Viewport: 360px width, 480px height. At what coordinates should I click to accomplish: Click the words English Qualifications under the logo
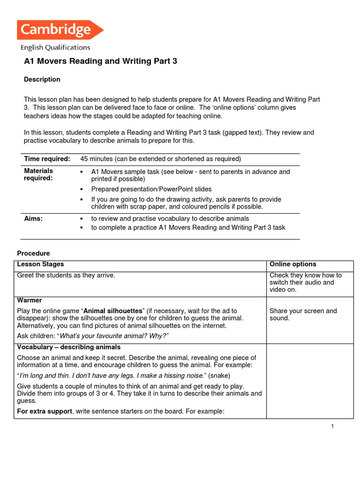[x=55, y=47]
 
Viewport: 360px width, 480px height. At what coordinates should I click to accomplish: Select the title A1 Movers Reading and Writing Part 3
[x=101, y=61]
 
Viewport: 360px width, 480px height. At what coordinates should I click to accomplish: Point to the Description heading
[x=42, y=79]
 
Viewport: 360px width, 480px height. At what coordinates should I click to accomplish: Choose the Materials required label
[x=39, y=174]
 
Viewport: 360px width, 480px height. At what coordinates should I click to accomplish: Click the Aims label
[x=33, y=218]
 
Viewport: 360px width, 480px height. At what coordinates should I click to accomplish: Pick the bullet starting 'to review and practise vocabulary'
[x=170, y=218]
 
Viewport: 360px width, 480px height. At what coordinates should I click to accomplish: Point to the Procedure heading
[x=33, y=254]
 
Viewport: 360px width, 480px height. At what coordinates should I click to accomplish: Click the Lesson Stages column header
[x=40, y=264]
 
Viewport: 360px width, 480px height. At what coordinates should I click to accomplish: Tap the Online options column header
[x=293, y=264]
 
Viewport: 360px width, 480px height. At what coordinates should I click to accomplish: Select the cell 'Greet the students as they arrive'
[x=66, y=275]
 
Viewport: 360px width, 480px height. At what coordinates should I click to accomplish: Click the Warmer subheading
[x=30, y=300]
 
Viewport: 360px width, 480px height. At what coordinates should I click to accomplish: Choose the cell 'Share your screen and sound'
[x=303, y=315]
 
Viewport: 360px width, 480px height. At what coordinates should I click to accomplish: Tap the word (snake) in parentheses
[x=219, y=375]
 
